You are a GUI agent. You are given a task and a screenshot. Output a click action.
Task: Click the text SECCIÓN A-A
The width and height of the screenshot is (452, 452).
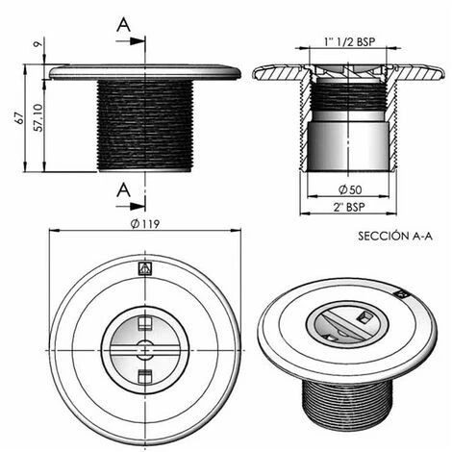pos(394,235)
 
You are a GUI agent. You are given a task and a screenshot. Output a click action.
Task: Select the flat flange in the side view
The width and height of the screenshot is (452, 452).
pos(144,73)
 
